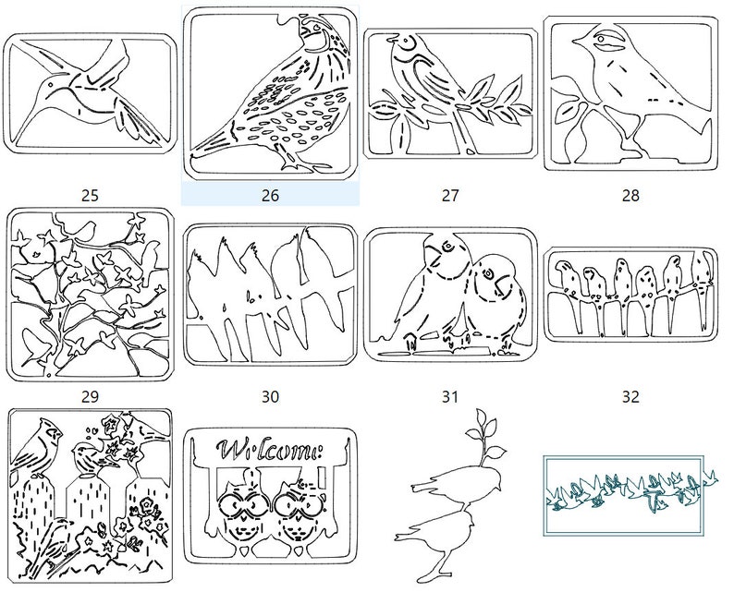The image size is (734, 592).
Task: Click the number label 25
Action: [90, 195]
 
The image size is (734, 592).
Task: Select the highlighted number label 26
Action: [270, 195]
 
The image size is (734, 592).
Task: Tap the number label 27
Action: [450, 195]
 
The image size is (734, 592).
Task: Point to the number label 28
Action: [630, 195]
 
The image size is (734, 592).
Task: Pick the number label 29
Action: [90, 396]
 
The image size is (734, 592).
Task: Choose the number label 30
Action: [270, 396]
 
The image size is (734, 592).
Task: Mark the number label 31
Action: [450, 396]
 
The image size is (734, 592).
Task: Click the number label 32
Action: [630, 396]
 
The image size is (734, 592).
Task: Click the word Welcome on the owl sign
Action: [271, 450]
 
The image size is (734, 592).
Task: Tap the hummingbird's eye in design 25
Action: [49, 85]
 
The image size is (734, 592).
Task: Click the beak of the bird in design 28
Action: [577, 43]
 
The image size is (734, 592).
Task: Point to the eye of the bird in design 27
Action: [407, 42]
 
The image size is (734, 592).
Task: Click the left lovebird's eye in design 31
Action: [448, 245]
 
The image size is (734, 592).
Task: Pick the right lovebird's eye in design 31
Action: [489, 273]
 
